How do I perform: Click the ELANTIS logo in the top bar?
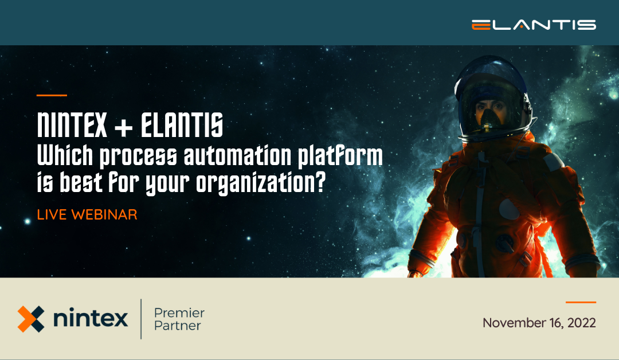click(x=534, y=25)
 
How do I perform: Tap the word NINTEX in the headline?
click(x=72, y=126)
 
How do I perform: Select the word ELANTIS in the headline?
click(x=183, y=126)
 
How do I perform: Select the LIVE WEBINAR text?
click(x=87, y=215)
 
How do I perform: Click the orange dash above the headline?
click(x=52, y=95)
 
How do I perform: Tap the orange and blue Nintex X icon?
click(x=30, y=319)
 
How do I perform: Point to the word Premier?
click(x=179, y=313)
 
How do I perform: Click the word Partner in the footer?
click(x=178, y=326)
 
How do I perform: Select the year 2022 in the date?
click(x=581, y=323)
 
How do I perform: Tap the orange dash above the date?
click(x=581, y=302)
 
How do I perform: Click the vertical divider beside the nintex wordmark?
click(x=141, y=319)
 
